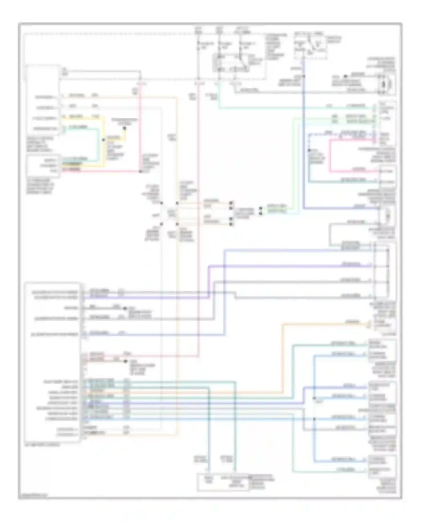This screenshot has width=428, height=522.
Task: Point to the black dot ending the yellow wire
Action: pyautogui.click(x=124, y=129)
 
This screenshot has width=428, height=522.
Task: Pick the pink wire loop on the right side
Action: pyautogui.click(x=330, y=156)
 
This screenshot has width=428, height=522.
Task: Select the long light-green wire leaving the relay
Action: pyautogui.click(x=285, y=108)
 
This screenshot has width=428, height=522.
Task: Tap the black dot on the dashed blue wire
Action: pyautogui.click(x=309, y=150)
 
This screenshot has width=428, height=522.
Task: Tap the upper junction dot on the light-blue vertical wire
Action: pyautogui.click(x=314, y=398)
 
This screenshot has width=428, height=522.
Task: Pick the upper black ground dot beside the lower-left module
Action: pyautogui.click(x=124, y=308)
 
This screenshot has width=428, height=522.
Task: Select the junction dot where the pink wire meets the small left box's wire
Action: pyautogui.click(x=140, y=171)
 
